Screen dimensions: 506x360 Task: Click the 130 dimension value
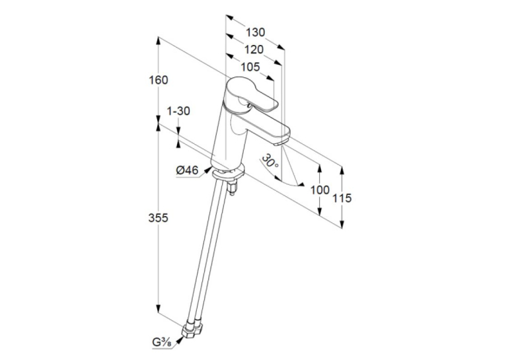(255, 32)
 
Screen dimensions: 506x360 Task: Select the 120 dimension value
(254, 50)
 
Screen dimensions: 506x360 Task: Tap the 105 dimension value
(250, 67)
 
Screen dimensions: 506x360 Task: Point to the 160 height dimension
(159, 80)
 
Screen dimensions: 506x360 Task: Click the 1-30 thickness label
(178, 111)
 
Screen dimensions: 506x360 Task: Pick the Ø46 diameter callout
(187, 170)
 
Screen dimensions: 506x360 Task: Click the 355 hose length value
(158, 218)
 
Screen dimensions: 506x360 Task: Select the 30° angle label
(270, 161)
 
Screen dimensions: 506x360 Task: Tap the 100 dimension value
(320, 190)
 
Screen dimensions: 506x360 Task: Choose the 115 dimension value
(342, 198)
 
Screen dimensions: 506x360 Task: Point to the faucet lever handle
(251, 95)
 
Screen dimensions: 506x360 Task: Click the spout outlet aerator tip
(281, 142)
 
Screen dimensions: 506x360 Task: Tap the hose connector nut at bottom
(193, 330)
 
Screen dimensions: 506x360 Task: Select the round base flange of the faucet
(227, 171)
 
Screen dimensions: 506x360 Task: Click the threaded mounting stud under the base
(232, 188)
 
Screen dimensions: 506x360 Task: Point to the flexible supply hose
(206, 252)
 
